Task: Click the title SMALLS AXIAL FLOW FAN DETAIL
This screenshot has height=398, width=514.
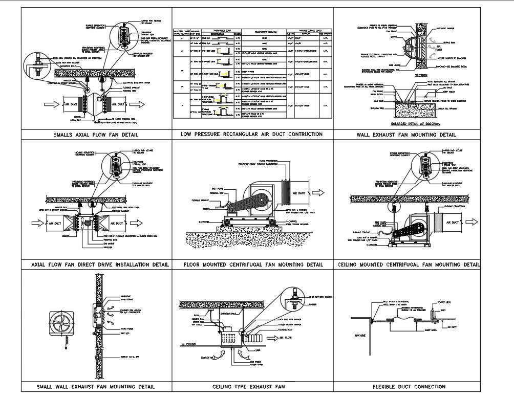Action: (97, 135)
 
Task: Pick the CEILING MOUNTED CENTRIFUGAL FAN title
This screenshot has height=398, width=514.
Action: (409, 265)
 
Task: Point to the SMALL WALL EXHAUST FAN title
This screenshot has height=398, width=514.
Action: (96, 387)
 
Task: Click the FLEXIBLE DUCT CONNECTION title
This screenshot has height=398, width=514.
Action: (409, 387)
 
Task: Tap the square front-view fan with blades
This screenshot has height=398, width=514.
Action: (59, 325)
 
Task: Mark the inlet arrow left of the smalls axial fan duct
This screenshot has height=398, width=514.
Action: (50, 104)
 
